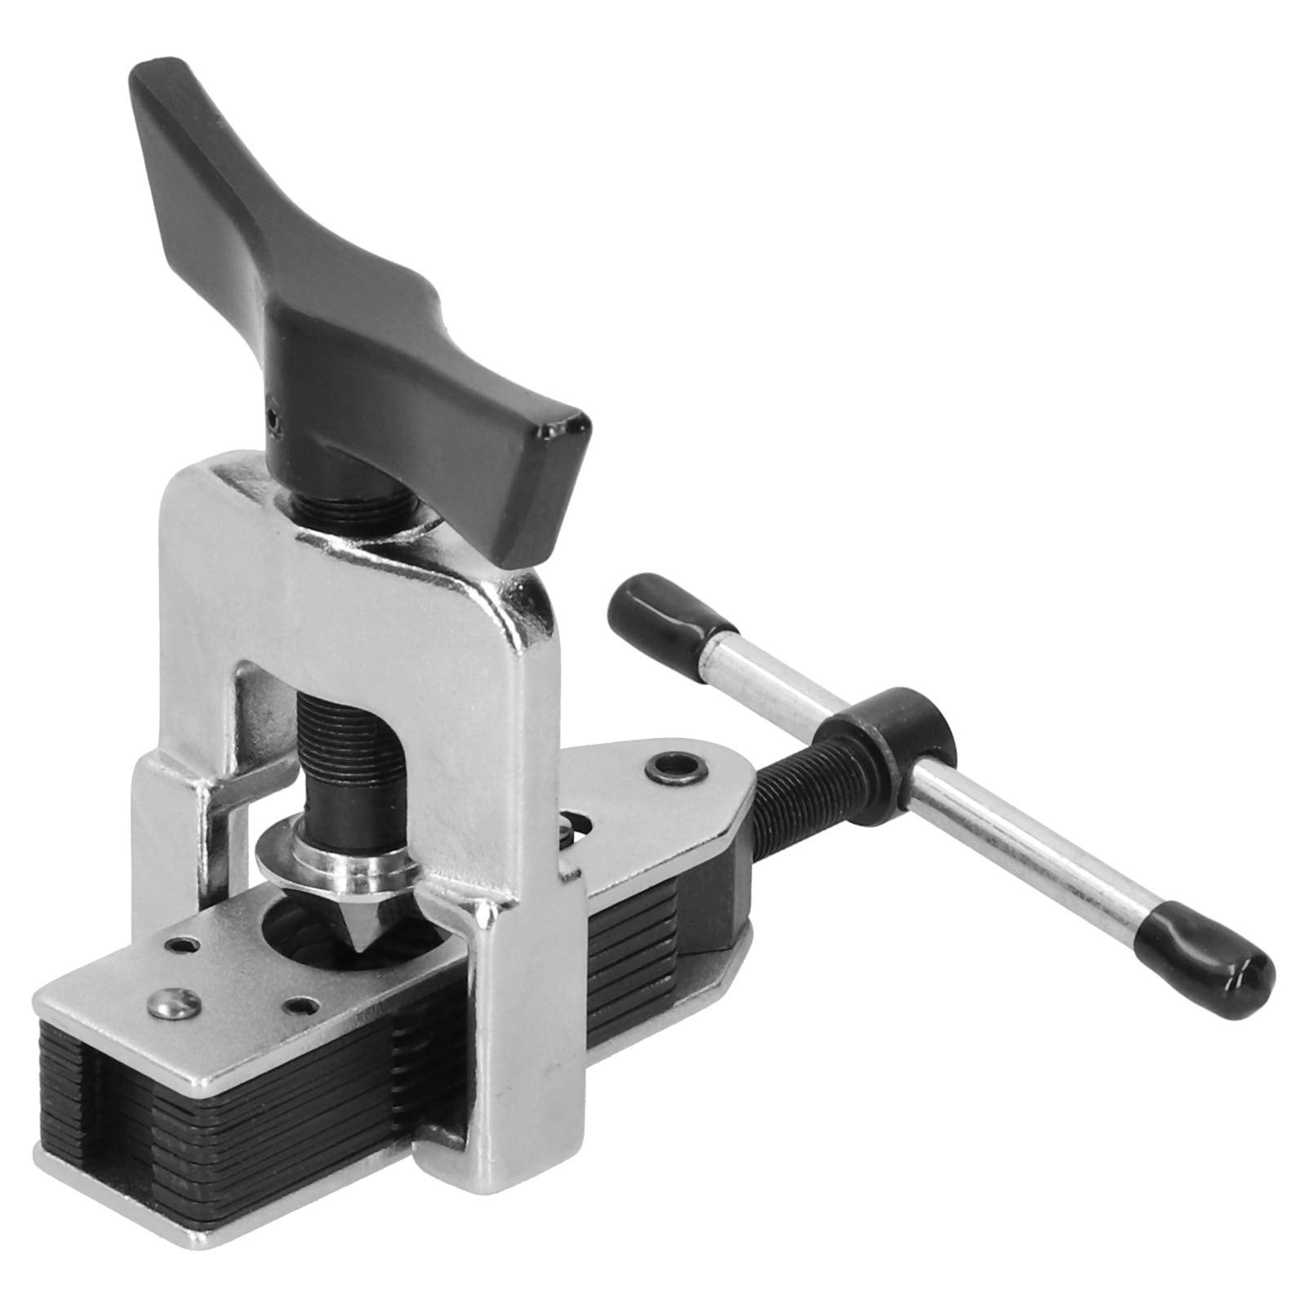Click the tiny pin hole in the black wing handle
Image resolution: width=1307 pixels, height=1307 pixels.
pos(275,422)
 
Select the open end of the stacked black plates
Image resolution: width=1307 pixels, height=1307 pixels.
pos(98,1086)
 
